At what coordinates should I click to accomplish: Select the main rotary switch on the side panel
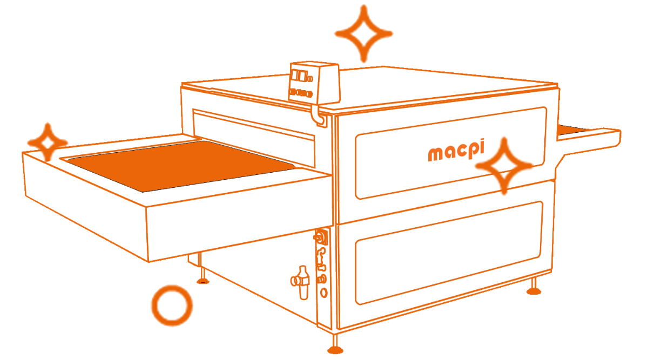click(x=319, y=237)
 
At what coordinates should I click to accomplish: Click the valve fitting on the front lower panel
click(x=300, y=280)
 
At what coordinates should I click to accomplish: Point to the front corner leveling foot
click(x=335, y=346)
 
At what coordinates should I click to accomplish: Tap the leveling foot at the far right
click(x=533, y=288)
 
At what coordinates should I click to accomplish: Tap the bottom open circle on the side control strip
click(x=323, y=293)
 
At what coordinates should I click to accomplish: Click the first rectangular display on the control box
click(x=296, y=74)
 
